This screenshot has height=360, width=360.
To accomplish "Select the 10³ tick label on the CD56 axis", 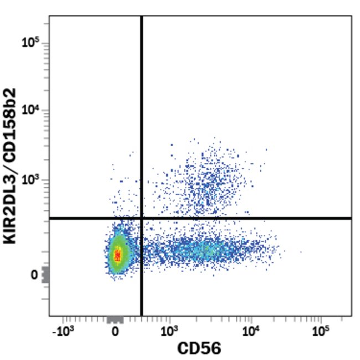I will pyautogui.click(x=168, y=331).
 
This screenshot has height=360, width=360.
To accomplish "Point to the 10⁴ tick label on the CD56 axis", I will pyautogui.click(x=251, y=331).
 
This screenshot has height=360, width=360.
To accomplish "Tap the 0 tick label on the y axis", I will pyautogui.click(x=34, y=275).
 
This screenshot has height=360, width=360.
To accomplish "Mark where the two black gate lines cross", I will pyautogui.click(x=142, y=218).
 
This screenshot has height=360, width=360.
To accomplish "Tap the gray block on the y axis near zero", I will pyautogui.click(x=45, y=275).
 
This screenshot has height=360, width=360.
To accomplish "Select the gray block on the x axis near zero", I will pyautogui.click(x=115, y=320).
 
